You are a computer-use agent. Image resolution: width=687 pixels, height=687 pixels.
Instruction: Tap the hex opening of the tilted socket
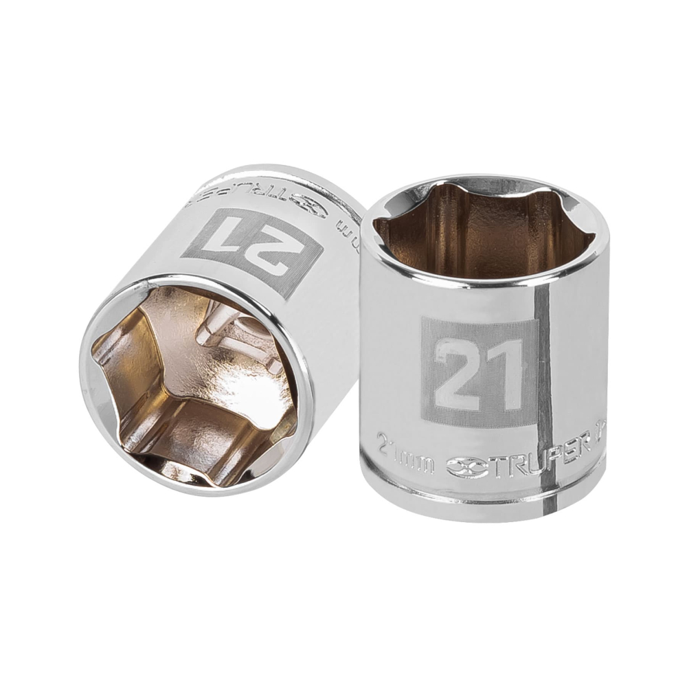pyautogui.click(x=192, y=385)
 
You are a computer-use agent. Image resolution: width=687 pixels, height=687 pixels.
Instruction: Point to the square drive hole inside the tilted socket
pyautogui.click(x=227, y=337)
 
